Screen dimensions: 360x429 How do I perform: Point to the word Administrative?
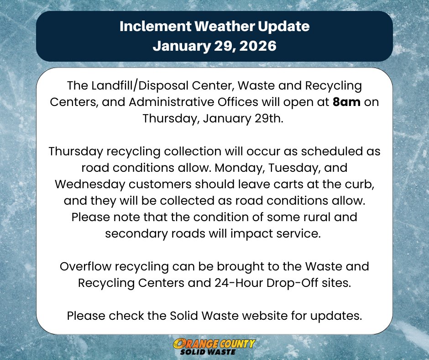[x=165, y=102]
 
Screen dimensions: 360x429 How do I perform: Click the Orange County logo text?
[x=214, y=344]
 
